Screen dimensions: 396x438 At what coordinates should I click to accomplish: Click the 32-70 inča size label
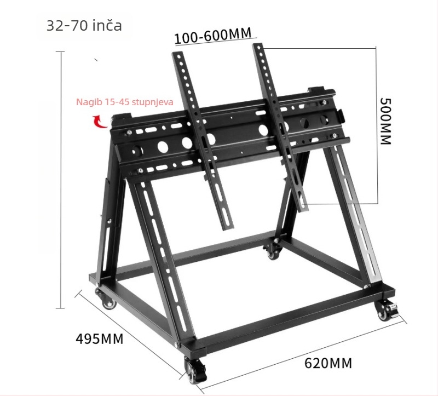coord(84,26)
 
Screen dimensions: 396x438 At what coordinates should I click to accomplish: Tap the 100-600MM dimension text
coord(213,36)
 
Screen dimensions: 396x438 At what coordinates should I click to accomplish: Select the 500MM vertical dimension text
coord(385,121)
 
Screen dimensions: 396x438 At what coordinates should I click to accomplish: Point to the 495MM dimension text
coord(99,338)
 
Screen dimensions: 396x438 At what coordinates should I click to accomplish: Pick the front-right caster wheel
coord(387,312)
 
